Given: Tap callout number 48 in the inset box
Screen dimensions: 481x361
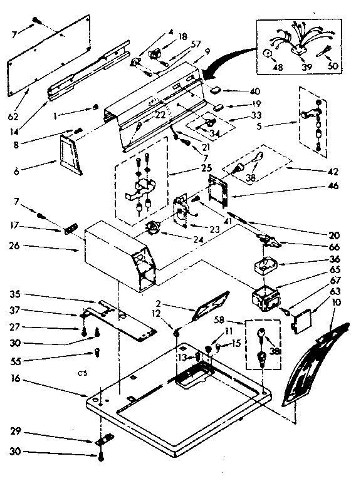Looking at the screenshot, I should [x=278, y=67].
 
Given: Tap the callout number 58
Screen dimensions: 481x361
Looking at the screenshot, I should [x=236, y=319].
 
